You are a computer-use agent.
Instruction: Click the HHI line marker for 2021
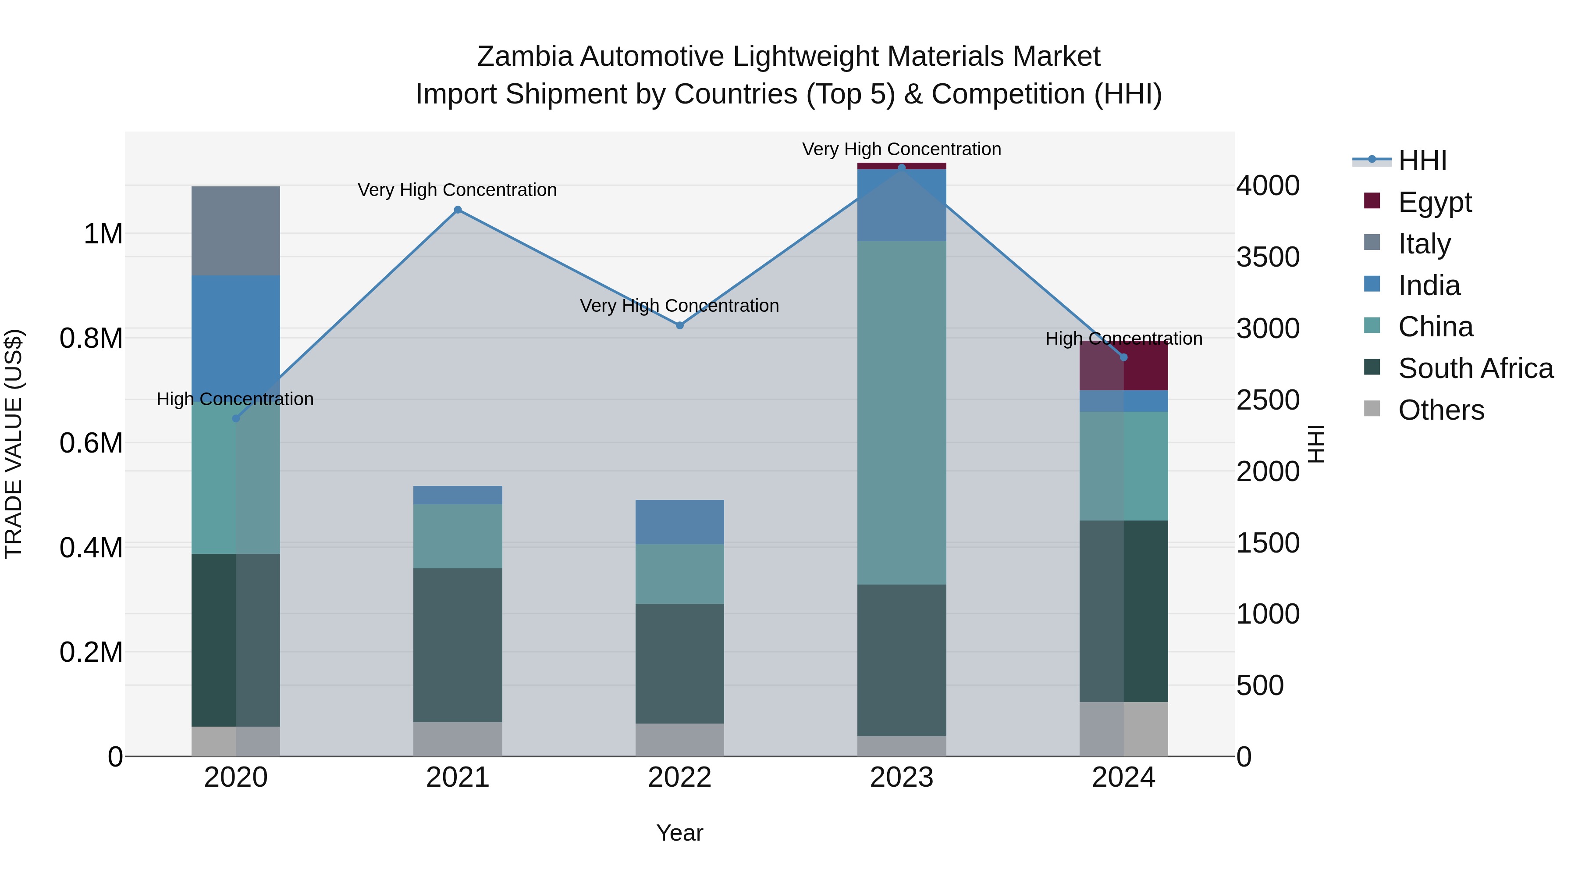(x=458, y=210)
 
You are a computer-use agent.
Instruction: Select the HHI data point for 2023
(x=901, y=168)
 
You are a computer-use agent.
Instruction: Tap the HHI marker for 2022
(x=679, y=325)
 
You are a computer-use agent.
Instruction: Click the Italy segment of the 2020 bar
(x=236, y=231)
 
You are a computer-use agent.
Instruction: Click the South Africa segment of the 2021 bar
(x=458, y=645)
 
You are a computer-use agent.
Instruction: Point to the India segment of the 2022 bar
(x=679, y=521)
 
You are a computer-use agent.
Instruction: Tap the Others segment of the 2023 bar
(x=901, y=746)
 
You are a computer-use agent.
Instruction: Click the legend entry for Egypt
(x=1435, y=202)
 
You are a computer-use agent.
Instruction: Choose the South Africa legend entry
(x=1475, y=368)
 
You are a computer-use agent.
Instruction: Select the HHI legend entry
(x=1422, y=160)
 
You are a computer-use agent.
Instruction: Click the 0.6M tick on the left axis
(x=91, y=443)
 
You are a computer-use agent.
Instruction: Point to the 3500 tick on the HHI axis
(x=1267, y=257)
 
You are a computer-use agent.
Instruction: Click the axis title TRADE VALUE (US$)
(x=14, y=444)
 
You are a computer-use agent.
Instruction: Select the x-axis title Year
(x=679, y=833)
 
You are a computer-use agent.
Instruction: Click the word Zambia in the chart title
(x=524, y=57)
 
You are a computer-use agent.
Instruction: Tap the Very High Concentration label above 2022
(x=679, y=305)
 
